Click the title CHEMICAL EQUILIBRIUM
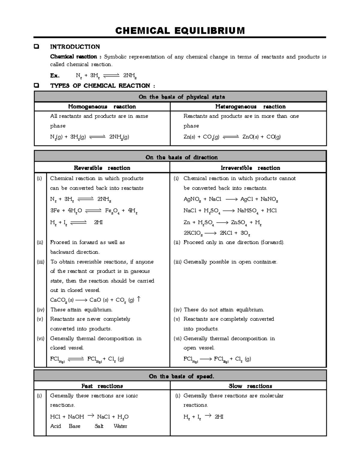(x=180, y=31)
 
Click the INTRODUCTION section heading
(x=75, y=47)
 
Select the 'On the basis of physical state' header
(x=181, y=97)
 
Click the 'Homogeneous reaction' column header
(x=102, y=107)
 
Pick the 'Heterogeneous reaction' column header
(x=250, y=107)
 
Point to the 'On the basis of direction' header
(x=181, y=157)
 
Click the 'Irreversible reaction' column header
(x=250, y=168)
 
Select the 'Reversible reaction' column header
(x=102, y=168)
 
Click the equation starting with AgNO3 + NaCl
(x=231, y=199)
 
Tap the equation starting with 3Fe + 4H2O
(x=94, y=211)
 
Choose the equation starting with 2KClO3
(x=217, y=233)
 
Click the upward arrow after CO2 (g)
(x=138, y=299)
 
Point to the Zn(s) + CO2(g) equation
(x=232, y=137)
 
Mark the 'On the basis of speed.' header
(x=181, y=376)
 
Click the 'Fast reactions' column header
(x=102, y=386)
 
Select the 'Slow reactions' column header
(x=250, y=386)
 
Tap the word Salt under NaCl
(x=99, y=426)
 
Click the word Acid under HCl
(x=55, y=426)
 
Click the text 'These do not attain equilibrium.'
(x=224, y=310)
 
